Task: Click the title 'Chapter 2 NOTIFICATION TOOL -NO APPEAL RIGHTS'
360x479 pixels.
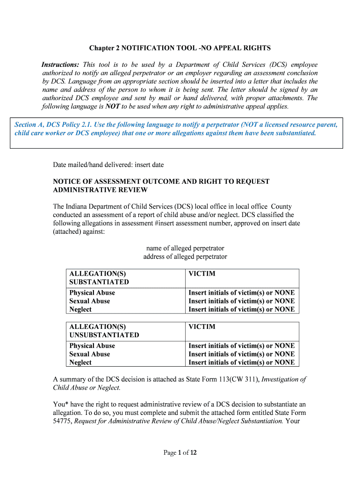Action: click(180, 48)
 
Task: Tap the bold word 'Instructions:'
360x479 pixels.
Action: click(60, 65)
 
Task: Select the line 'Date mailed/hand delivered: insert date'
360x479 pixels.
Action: click(108, 165)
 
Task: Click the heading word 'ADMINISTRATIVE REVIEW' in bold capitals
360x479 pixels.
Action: click(100, 190)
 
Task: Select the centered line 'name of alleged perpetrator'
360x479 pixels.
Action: click(185, 248)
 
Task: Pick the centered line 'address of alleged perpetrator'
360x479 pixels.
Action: click(185, 257)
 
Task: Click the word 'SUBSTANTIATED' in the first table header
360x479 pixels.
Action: click(99, 282)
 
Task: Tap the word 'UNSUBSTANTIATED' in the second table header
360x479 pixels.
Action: click(104, 335)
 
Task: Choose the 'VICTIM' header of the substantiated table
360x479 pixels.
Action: click(202, 274)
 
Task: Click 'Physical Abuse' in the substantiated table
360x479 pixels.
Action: click(92, 293)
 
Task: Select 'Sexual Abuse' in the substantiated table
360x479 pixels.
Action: click(90, 301)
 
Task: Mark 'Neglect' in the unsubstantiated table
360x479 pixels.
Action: click(80, 363)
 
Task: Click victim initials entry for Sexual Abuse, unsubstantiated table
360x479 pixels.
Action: click(241, 354)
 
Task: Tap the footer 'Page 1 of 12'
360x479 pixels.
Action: click(180, 452)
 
